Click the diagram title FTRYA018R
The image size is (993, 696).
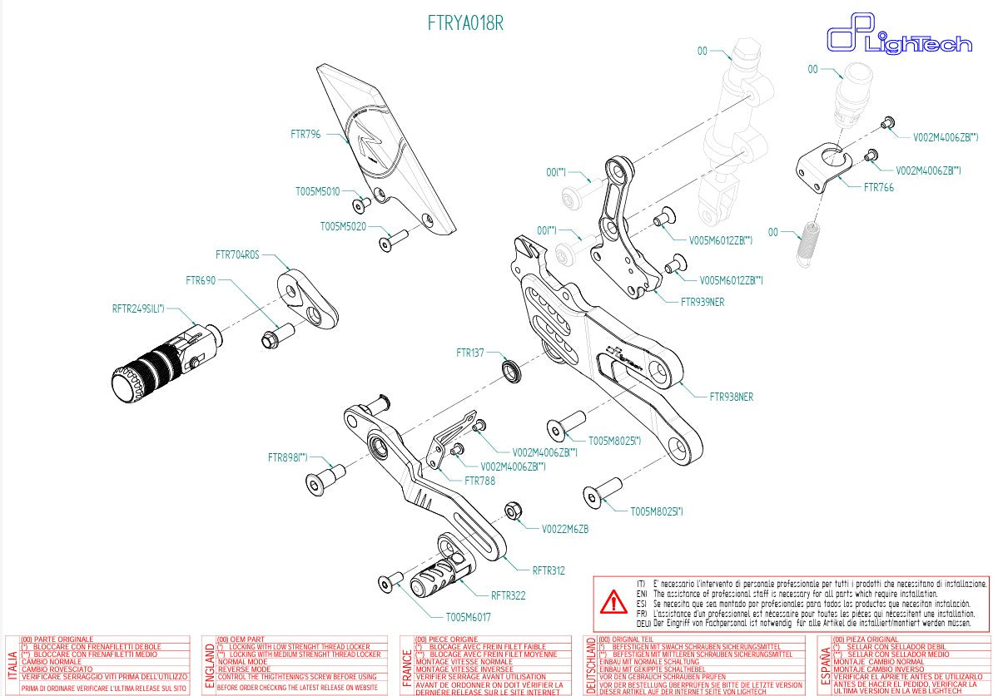(x=465, y=23)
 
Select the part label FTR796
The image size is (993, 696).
(x=305, y=133)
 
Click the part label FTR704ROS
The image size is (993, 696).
(x=237, y=254)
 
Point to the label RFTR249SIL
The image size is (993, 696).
(x=138, y=309)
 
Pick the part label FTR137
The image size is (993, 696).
(x=470, y=353)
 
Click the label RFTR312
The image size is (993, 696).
(x=549, y=570)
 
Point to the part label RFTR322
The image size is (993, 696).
(x=508, y=595)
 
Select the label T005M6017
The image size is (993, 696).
(x=468, y=617)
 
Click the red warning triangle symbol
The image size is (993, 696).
(x=614, y=600)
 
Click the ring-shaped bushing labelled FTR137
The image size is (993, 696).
(x=510, y=370)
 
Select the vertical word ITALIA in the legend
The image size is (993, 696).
(x=12, y=665)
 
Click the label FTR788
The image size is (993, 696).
(x=479, y=481)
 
